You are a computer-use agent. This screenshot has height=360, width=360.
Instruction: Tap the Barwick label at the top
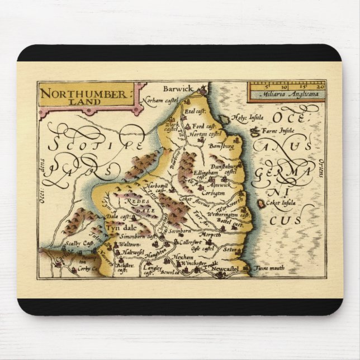tap(178, 89)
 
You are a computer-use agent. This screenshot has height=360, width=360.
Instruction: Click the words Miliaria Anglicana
tap(287, 94)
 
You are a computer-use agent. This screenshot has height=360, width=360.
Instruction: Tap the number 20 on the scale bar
tap(320, 87)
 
